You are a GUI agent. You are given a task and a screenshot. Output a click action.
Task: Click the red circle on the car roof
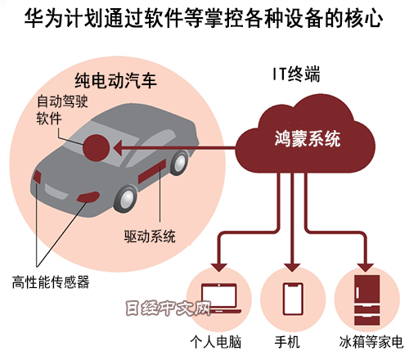pyautogui.click(x=97, y=148)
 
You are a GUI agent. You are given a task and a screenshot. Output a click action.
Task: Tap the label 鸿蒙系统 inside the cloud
pyautogui.click(x=308, y=139)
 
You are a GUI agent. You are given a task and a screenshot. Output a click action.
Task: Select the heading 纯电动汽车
pyautogui.click(x=115, y=80)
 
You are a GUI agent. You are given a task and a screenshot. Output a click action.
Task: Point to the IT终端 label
pyautogui.click(x=296, y=74)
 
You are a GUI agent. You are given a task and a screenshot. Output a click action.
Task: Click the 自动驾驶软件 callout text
pyautogui.click(x=62, y=110)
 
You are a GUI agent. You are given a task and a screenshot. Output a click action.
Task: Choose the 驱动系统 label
pyautogui.click(x=150, y=236)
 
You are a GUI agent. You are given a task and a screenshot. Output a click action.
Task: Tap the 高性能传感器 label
pyautogui.click(x=51, y=282)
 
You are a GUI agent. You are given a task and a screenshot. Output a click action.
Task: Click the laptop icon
pyautogui.click(x=221, y=299)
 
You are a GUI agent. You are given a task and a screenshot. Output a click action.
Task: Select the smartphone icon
pyautogui.click(x=293, y=299)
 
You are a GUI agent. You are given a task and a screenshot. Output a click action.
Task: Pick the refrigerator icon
pyautogui.click(x=366, y=299)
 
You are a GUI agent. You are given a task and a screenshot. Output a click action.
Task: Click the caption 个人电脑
pyautogui.click(x=216, y=342)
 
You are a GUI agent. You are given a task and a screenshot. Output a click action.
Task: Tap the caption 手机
pyautogui.click(x=287, y=342)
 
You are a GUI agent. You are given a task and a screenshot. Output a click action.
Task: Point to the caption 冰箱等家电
pyautogui.click(x=371, y=342)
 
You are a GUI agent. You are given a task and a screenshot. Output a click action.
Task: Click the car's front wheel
pyautogui.click(x=126, y=199)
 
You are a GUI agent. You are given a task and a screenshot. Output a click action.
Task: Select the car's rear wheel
pyautogui.click(x=179, y=163)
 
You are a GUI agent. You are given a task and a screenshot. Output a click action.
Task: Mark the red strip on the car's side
pyautogui.click(x=152, y=172)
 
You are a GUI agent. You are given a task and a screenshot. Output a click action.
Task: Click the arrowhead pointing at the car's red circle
pyautogui.click(x=118, y=148)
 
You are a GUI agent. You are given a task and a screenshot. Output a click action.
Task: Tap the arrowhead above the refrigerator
pyautogui.click(x=366, y=268)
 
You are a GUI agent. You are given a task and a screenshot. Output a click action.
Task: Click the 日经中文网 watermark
pyautogui.click(x=169, y=308)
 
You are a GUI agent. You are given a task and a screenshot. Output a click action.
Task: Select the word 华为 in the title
pyautogui.click(x=44, y=19)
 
